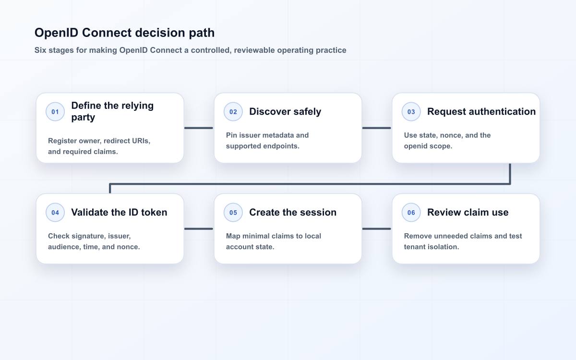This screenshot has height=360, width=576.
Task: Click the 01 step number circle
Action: pos(55,111)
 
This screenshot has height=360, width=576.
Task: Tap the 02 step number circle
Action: pos(233,111)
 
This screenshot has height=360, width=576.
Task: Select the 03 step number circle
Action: pos(411,111)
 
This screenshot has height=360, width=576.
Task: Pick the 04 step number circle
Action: pos(55,212)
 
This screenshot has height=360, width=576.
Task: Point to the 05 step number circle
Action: pos(233,212)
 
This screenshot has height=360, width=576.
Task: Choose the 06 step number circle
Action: pos(411,212)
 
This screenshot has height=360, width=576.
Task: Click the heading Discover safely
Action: pos(285,111)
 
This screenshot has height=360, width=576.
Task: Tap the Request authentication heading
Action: pos(481,111)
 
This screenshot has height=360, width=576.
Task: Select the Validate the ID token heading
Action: pos(119,212)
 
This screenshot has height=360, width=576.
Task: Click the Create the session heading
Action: pos(293,212)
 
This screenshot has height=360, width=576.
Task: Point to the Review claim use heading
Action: pos(468,212)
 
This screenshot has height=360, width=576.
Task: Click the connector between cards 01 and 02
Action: pos(199,128)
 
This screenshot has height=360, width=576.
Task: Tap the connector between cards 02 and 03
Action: pos(376,128)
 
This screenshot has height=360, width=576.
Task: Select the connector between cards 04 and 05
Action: pos(199,228)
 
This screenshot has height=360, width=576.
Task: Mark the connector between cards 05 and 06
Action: pos(376,228)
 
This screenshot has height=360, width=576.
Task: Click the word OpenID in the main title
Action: pos(56,33)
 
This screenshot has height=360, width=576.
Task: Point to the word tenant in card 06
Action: pos(415,247)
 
